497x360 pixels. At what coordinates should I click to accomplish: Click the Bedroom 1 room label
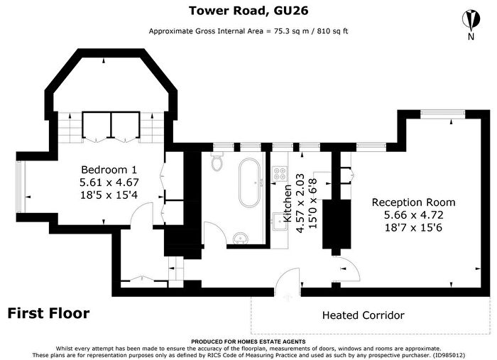109,170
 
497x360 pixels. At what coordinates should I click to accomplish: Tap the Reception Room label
413,202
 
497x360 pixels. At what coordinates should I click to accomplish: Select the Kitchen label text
287,203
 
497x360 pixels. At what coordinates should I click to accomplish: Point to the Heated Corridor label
364,315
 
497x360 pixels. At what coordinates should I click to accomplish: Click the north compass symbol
471,20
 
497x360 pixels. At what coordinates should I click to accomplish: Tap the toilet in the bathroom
217,162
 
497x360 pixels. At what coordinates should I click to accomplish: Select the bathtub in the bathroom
249,183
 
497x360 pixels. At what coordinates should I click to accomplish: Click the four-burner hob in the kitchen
280,173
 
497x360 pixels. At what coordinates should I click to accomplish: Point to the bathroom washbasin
241,238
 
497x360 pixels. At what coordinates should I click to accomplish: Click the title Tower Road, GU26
248,11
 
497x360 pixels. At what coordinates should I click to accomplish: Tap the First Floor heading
48,313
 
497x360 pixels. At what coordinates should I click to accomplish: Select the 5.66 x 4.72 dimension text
413,215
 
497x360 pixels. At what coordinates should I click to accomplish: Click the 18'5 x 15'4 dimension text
109,195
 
